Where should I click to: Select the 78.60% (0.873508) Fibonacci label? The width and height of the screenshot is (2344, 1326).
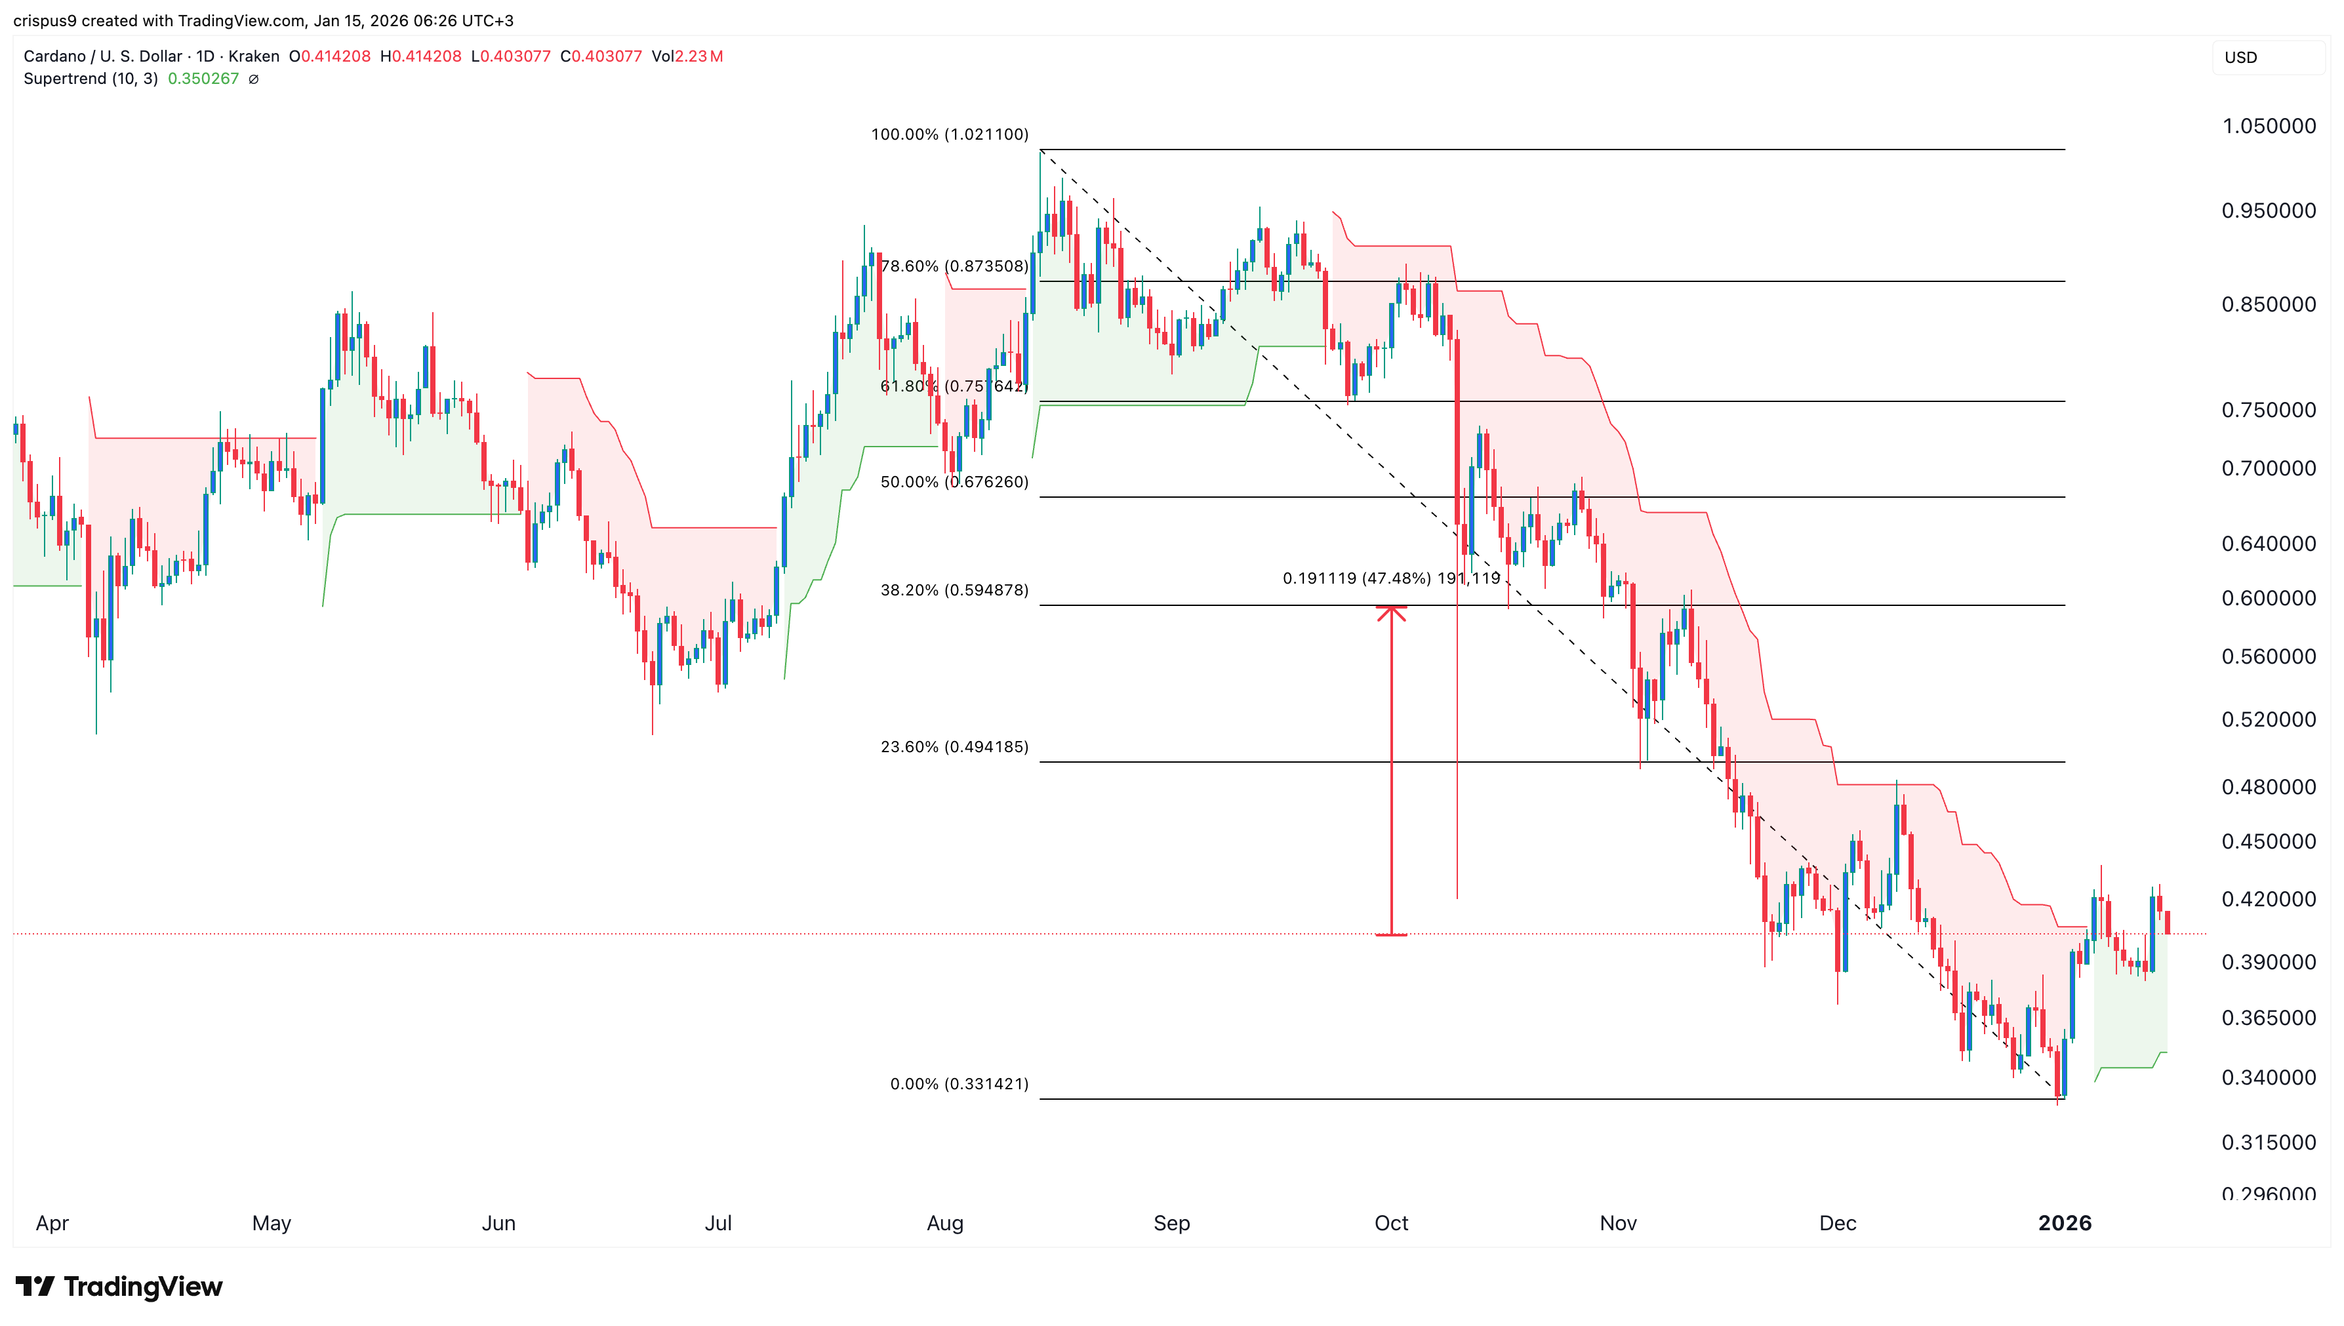point(954,266)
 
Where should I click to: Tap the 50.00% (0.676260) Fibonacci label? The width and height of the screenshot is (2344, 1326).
point(954,482)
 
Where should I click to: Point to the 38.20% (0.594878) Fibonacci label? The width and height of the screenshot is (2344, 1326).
point(954,590)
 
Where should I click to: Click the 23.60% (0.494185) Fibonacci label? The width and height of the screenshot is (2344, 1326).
point(954,747)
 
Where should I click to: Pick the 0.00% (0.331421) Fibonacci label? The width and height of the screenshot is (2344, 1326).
point(958,1084)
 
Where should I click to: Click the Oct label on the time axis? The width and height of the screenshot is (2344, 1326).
point(1390,1223)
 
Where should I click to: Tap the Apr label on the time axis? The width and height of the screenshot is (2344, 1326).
point(52,1223)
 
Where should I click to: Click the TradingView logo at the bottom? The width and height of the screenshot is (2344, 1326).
point(119,1286)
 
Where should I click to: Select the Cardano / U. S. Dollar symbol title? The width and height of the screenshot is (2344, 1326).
point(103,56)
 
